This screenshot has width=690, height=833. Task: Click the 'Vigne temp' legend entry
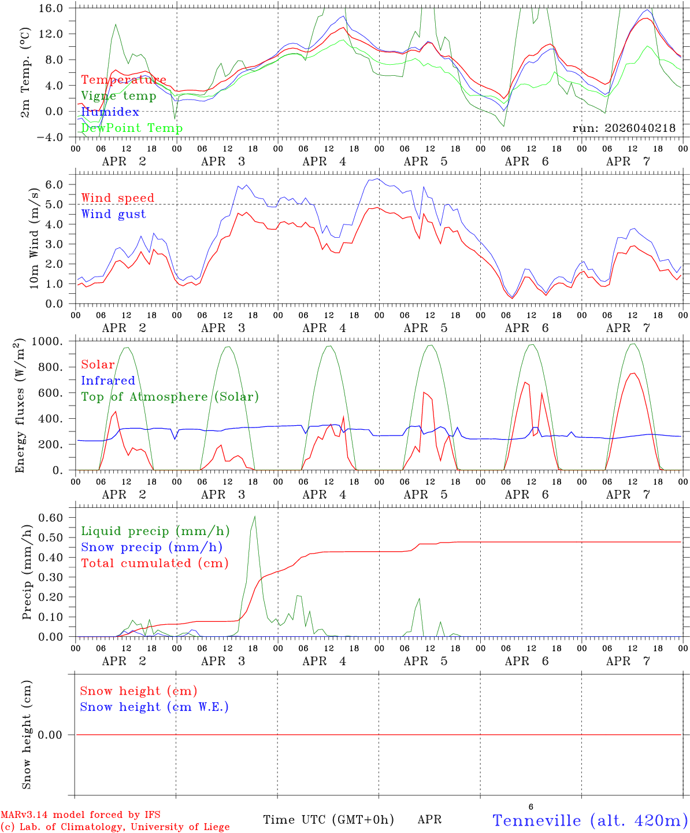[x=118, y=96]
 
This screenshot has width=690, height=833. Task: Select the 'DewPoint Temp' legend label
[x=132, y=128]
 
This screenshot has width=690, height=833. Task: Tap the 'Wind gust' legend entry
[x=113, y=214]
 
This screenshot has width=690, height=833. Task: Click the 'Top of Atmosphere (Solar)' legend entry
[x=170, y=397]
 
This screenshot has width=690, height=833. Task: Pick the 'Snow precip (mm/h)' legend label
[x=151, y=547]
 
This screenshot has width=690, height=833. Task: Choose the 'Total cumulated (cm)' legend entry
[x=154, y=563]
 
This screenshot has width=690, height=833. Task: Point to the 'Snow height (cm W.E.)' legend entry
[x=154, y=707]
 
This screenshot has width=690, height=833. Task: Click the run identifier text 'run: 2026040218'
[x=624, y=128]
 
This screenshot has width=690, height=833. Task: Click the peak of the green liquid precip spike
[x=254, y=516]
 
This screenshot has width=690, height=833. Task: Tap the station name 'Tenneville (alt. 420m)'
[x=589, y=820]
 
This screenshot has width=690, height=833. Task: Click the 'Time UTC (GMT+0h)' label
[x=328, y=820]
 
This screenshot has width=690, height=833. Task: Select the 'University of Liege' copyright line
[x=115, y=827]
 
